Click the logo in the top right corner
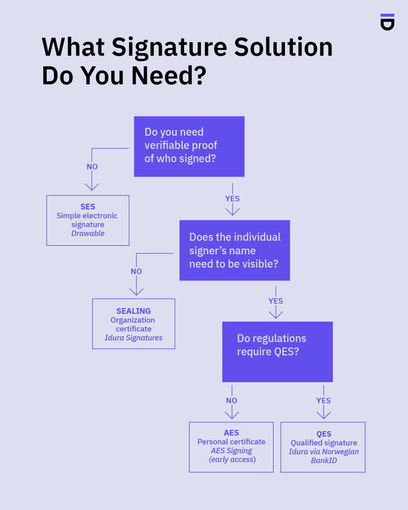pos(387,22)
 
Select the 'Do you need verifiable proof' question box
pos(189,146)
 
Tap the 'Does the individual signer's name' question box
pos(234,251)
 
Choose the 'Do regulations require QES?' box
pos(277,352)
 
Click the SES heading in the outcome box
pos(88,207)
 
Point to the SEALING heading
pos(133,311)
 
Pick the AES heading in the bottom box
pos(231,433)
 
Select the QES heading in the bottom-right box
pos(323,434)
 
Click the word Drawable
pos(88,234)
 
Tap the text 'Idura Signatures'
pos(133,338)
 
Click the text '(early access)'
pos(232,460)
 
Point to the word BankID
pos(324,460)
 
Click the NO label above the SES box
pos(92,167)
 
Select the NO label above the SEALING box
pos(136,271)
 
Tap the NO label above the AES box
pos(231,401)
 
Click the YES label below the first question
pos(232,198)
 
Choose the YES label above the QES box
pos(323,401)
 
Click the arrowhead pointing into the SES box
pos(91,187)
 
